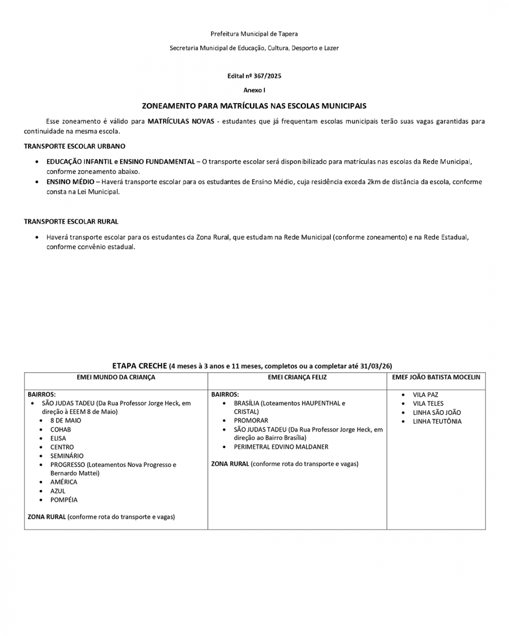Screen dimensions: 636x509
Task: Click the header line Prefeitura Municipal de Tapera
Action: (x=254, y=34)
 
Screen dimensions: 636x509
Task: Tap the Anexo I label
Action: (x=254, y=90)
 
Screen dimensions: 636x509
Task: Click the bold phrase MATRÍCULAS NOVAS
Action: (x=180, y=121)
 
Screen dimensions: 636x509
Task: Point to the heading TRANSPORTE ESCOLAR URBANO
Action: (x=75, y=146)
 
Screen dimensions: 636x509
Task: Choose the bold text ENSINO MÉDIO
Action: (x=70, y=182)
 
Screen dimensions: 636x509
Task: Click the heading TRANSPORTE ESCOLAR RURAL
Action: (x=71, y=222)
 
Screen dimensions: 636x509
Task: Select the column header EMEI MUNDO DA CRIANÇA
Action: (x=116, y=377)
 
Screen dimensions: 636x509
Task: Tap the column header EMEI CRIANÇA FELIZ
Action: (x=297, y=377)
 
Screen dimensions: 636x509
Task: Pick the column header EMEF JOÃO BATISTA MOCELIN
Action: (x=436, y=377)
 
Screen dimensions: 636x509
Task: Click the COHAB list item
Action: (x=60, y=430)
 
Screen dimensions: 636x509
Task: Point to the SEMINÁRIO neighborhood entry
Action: (x=67, y=456)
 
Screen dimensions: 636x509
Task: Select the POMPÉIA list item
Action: (x=64, y=500)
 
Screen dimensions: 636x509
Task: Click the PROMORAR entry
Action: (x=251, y=421)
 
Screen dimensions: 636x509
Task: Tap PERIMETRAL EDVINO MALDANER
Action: (x=281, y=447)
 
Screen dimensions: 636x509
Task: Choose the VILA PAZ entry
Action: (x=425, y=395)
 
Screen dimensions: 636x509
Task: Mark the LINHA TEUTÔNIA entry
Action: (x=437, y=421)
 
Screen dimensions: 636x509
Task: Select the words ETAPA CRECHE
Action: (x=139, y=366)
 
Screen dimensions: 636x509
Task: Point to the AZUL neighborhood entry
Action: (x=58, y=491)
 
